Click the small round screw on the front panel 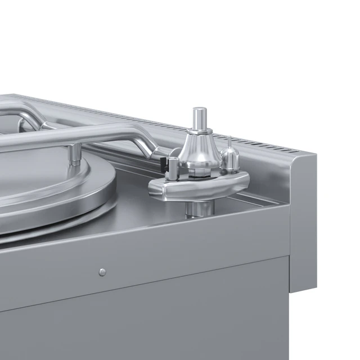102,272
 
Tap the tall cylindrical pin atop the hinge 197,119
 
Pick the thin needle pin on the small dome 229,142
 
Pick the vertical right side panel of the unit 303,225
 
